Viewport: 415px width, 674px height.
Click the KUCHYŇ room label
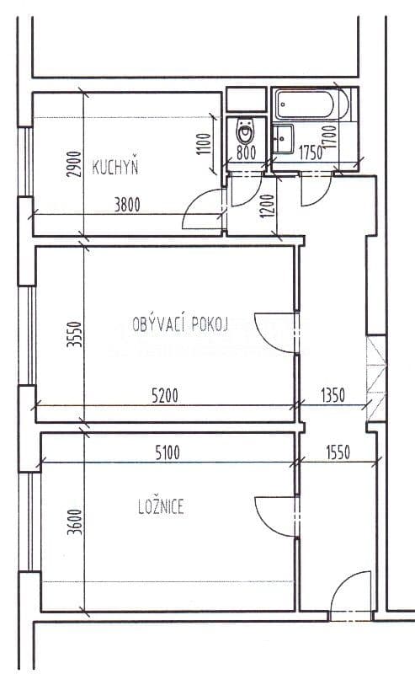click(x=115, y=167)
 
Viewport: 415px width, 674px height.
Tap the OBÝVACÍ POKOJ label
click(x=180, y=324)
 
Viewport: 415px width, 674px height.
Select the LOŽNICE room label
click(x=161, y=506)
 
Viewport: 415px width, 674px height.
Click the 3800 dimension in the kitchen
click(x=127, y=205)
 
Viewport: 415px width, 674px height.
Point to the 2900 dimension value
click(x=74, y=163)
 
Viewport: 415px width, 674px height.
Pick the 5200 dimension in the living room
click(x=165, y=395)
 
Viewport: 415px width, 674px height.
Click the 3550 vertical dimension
click(x=74, y=334)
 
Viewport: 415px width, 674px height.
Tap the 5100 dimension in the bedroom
click(x=168, y=452)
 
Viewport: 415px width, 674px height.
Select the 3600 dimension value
click(x=74, y=522)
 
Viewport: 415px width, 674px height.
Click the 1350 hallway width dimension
click(x=333, y=395)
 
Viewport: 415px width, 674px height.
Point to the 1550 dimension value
click(x=338, y=452)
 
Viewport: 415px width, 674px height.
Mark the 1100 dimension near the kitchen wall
click(x=204, y=143)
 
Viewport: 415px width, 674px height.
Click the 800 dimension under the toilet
click(x=246, y=152)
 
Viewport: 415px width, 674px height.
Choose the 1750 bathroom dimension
click(x=310, y=152)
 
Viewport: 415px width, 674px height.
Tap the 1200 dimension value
click(x=268, y=206)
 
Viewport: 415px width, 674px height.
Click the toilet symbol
click(x=246, y=131)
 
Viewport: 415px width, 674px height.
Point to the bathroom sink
click(x=283, y=138)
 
